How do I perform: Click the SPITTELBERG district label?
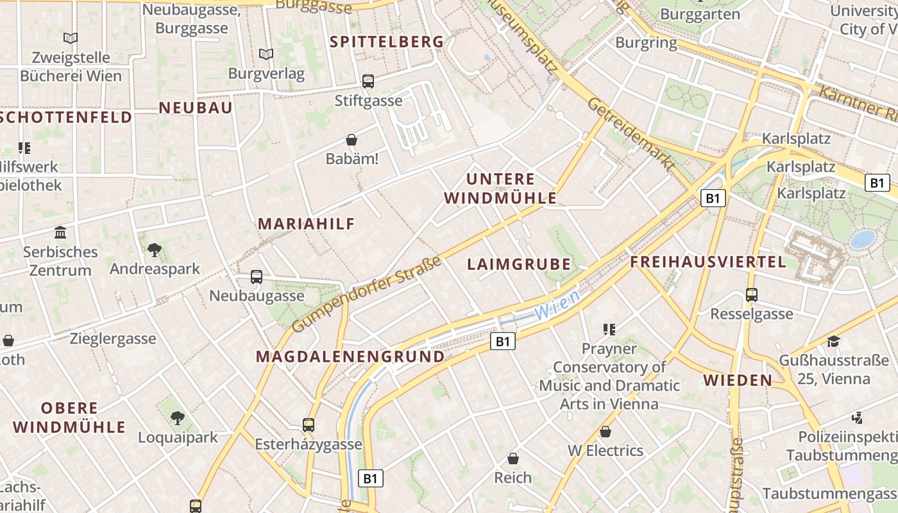[x=387, y=42]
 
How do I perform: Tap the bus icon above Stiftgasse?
[x=368, y=81]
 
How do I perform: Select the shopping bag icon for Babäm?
[x=352, y=139]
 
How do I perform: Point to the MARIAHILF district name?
[x=307, y=224]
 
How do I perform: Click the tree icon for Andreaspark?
[x=154, y=249]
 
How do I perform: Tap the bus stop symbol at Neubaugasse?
[x=257, y=277]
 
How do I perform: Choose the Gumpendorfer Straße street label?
[x=367, y=294]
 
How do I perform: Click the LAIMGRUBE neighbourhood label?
[x=519, y=264]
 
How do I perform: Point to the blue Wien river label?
[x=557, y=306]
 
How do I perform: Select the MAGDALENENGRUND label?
[x=350, y=357]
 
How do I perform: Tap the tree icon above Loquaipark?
[x=178, y=418]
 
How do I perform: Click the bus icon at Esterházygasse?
[x=309, y=425]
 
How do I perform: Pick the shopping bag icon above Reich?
[x=513, y=458]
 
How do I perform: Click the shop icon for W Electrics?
[x=605, y=432]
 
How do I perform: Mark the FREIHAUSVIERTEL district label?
[x=708, y=262]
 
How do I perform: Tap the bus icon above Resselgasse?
[x=752, y=295]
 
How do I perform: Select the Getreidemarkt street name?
[x=632, y=134]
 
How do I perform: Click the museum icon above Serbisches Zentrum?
[x=61, y=231]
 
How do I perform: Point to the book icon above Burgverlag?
[x=266, y=54]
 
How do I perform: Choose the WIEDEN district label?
[x=738, y=380]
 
